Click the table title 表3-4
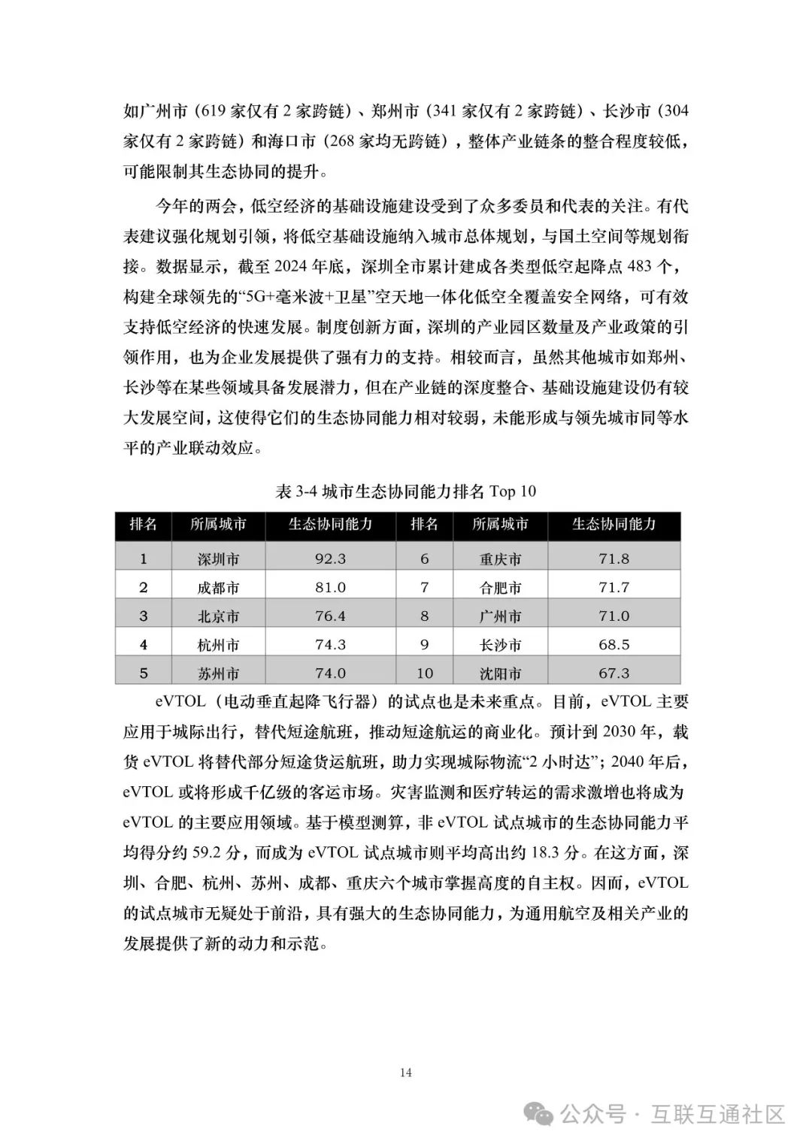click(x=405, y=492)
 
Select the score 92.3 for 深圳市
click(x=330, y=558)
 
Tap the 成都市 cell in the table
click(x=218, y=588)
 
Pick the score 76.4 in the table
click(x=330, y=616)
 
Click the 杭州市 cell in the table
click(x=218, y=645)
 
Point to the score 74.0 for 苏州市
click(x=330, y=673)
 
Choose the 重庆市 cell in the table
click(x=500, y=559)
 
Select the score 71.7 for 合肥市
click(x=614, y=587)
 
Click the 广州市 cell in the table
click(x=500, y=616)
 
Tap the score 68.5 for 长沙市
click(x=614, y=645)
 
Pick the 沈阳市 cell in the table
click(x=500, y=673)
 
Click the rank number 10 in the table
click(x=424, y=673)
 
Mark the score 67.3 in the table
click(x=614, y=673)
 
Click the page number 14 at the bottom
click(x=405, y=1073)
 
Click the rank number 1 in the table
click(x=144, y=558)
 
